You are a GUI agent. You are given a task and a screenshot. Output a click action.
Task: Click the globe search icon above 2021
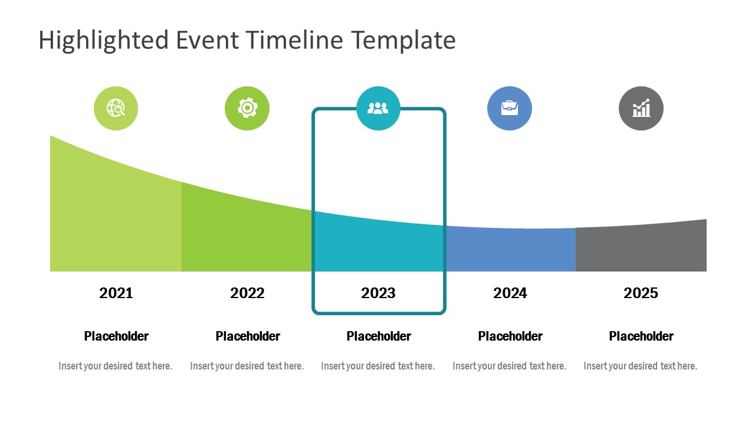(x=116, y=109)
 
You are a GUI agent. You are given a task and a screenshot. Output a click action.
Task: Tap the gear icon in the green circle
(x=247, y=109)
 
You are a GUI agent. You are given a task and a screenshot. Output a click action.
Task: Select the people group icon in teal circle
(x=378, y=109)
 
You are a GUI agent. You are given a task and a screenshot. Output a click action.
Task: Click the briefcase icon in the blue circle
(x=510, y=109)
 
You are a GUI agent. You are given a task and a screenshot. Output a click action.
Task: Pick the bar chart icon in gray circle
(x=641, y=109)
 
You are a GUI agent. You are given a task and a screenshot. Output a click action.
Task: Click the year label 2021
(x=116, y=293)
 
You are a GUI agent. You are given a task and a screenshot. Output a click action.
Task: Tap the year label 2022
(x=247, y=293)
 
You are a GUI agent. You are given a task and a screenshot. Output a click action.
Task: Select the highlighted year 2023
(x=378, y=293)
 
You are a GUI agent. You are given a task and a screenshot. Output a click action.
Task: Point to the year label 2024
(x=510, y=293)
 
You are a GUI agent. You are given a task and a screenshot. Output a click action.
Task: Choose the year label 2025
(x=641, y=293)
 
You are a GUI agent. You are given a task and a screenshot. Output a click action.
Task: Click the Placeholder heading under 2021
(x=116, y=336)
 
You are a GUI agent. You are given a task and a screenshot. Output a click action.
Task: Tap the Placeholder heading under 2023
(x=379, y=336)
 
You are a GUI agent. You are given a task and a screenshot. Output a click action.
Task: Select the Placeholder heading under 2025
(x=641, y=336)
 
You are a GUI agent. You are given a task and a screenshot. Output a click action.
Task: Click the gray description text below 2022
(x=247, y=366)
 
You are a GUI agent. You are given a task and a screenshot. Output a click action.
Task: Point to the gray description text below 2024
(x=509, y=366)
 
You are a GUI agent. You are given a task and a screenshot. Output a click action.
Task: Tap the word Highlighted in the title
(x=104, y=40)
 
